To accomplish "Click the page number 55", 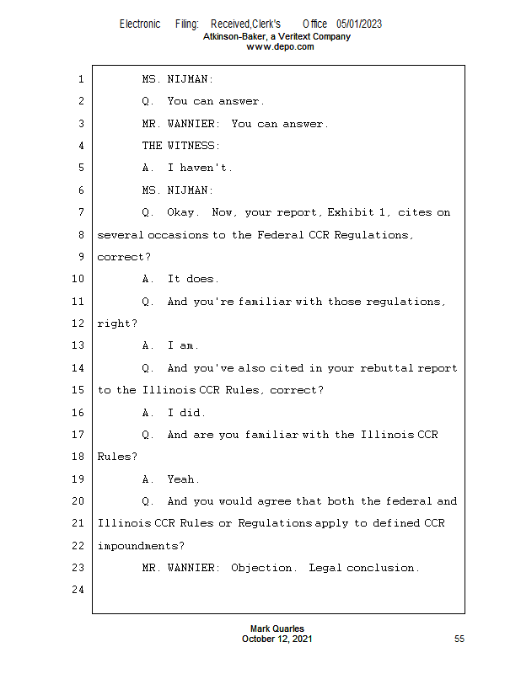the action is (x=459, y=639).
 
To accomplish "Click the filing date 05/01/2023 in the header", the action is (x=359, y=24).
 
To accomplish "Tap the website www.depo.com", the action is (x=280, y=47).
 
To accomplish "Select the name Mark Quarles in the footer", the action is (x=277, y=629).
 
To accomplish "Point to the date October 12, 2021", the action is (x=277, y=639).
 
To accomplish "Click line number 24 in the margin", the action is (x=78, y=589).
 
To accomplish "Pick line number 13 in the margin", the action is (x=78, y=345).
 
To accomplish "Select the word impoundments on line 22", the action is (x=141, y=546).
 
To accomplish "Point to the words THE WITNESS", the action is (x=180, y=146).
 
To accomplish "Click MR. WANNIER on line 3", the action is (x=180, y=124).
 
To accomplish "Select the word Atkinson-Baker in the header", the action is (x=235, y=36).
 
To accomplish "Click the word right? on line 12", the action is (x=117, y=324).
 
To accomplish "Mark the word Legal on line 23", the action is (x=325, y=568).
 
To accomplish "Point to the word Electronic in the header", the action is (x=140, y=24).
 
